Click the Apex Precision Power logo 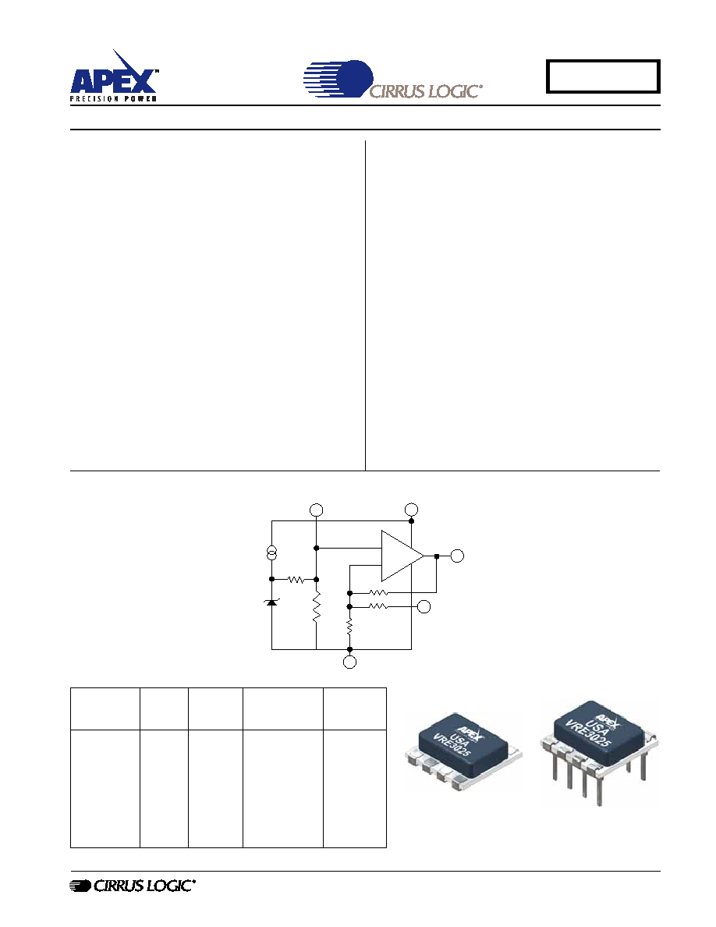pos(113,76)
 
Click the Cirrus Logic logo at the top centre pos(393,79)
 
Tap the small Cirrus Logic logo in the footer pos(133,886)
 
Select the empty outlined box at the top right pos(603,76)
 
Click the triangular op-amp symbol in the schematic pos(402,556)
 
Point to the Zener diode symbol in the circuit pos(271,602)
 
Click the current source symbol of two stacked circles pos(271,553)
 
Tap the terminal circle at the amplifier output pos(456,556)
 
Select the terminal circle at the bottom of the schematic pos(349,662)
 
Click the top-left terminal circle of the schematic pos(316,510)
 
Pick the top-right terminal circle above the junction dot pos(411,510)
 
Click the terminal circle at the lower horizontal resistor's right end pos(424,606)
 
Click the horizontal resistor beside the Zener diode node pos(296,579)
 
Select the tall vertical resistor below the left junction pos(316,606)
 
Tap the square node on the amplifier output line pos(436,556)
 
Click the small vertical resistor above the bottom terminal pos(349,627)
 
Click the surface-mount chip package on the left pos(464,751)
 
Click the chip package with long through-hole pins pos(598,751)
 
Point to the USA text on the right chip pos(597,720)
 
